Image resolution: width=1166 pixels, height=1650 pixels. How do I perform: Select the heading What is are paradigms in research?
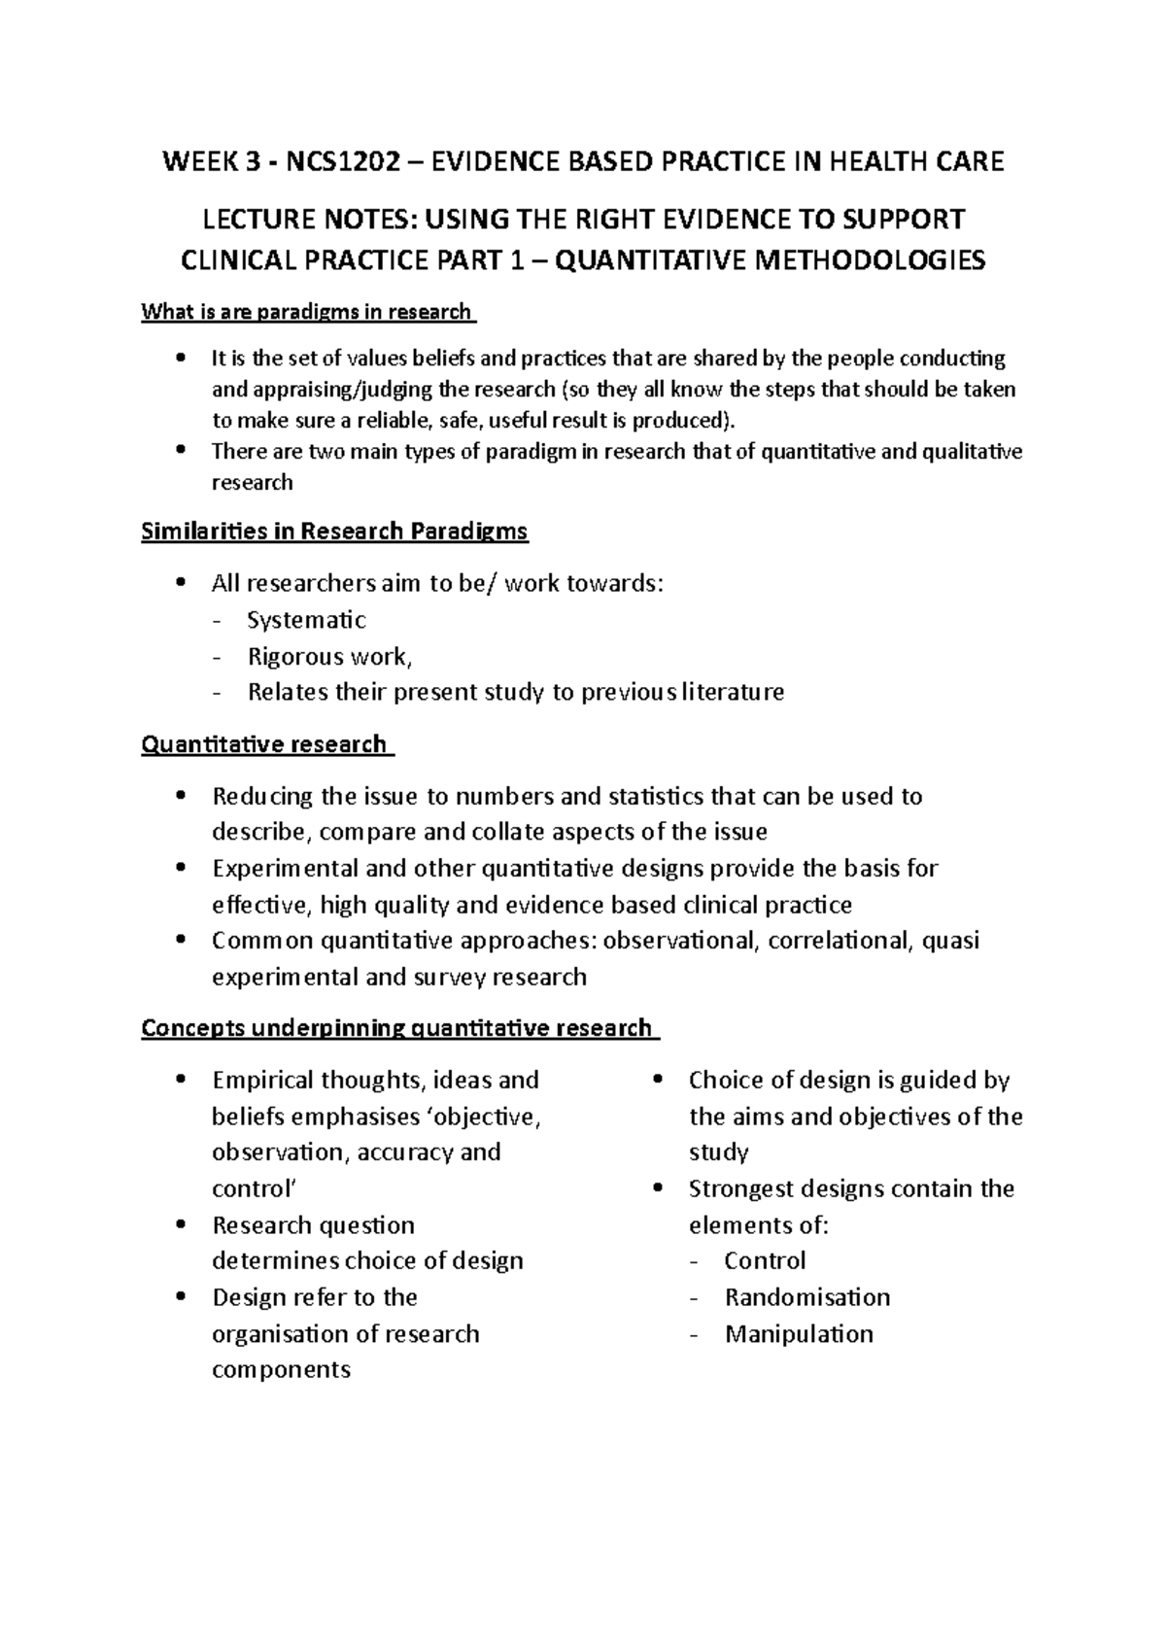point(307,312)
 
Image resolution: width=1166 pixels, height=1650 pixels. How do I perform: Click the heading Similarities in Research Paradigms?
point(334,532)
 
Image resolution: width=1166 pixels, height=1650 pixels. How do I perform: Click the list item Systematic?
point(306,620)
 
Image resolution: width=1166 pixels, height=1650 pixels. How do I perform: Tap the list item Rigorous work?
point(329,657)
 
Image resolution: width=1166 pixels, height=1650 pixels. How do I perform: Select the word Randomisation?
point(807,1297)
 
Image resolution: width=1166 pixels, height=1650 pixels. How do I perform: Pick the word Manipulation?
point(799,1333)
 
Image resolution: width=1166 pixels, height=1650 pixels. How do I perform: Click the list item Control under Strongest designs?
point(765,1261)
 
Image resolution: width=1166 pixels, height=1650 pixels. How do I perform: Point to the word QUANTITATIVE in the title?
point(647,260)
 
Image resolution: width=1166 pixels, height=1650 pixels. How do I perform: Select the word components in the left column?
point(281,1370)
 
